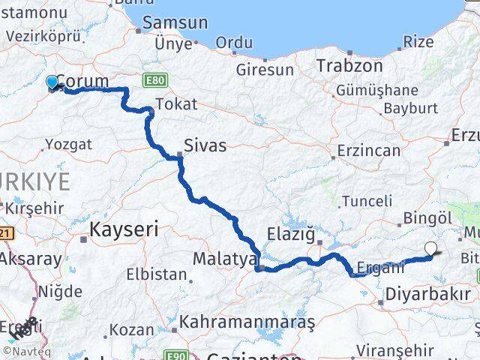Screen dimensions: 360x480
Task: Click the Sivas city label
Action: (x=205, y=145)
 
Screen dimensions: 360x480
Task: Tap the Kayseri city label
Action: (x=124, y=229)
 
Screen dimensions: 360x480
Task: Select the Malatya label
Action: (x=225, y=259)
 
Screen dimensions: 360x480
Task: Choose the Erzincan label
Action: (x=368, y=151)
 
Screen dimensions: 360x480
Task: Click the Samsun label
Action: (x=174, y=23)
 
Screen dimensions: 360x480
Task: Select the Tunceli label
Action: (x=367, y=200)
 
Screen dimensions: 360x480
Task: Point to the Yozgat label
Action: (x=68, y=144)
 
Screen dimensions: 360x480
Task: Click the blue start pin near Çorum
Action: (x=52, y=82)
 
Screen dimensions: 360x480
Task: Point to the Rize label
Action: (x=418, y=42)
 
